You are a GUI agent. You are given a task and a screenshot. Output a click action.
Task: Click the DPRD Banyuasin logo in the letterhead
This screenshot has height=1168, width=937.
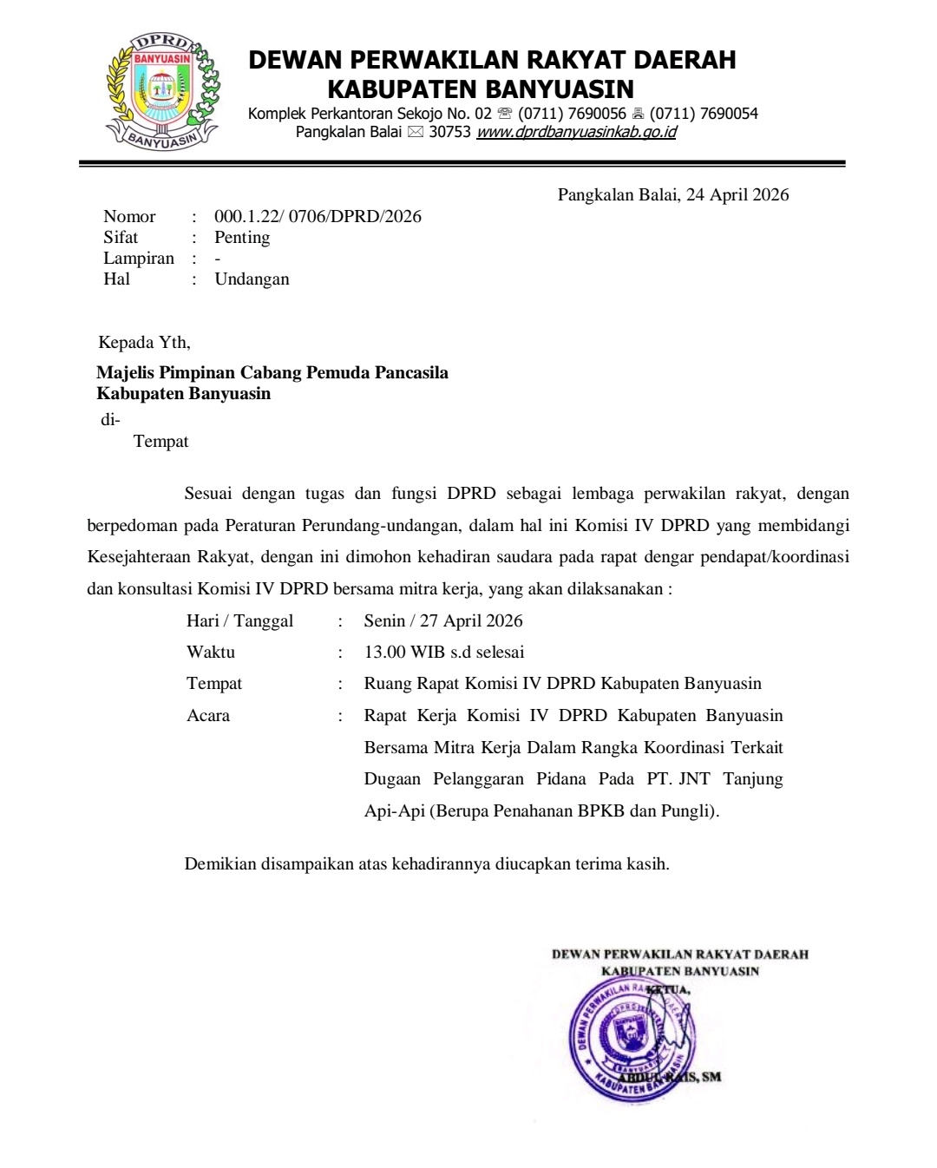coord(162,92)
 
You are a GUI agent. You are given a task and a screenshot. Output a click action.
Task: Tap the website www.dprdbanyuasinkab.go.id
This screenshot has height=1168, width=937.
coord(576,132)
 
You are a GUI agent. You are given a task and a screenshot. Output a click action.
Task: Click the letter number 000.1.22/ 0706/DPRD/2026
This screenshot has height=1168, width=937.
coord(318,216)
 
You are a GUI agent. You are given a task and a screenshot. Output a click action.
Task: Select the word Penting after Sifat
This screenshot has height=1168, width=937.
coord(242,237)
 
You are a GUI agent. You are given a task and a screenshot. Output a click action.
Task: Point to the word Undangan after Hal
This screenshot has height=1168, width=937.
coord(252,279)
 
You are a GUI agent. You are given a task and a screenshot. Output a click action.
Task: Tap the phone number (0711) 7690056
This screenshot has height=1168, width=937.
coord(572,113)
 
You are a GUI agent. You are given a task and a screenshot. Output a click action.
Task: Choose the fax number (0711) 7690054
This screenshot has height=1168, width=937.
coord(704,113)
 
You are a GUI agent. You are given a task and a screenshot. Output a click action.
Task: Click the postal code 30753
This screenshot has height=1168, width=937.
coord(449,132)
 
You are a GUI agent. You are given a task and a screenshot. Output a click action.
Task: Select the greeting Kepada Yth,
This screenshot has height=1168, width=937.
coord(144,342)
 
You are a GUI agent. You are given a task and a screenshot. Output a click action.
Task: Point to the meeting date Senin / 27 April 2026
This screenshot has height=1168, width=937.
coord(443,620)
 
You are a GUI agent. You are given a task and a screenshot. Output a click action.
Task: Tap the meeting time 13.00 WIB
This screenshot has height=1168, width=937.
coord(404,652)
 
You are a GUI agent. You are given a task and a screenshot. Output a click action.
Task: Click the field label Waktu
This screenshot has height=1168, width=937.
coord(211,652)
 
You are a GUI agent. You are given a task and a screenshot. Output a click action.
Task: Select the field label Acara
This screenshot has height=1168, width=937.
coord(208,715)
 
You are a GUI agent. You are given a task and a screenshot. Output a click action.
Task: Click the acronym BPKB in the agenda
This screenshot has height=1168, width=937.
coord(601,810)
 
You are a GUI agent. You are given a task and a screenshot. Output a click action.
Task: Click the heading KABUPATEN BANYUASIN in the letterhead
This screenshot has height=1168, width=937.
coord(481,89)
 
